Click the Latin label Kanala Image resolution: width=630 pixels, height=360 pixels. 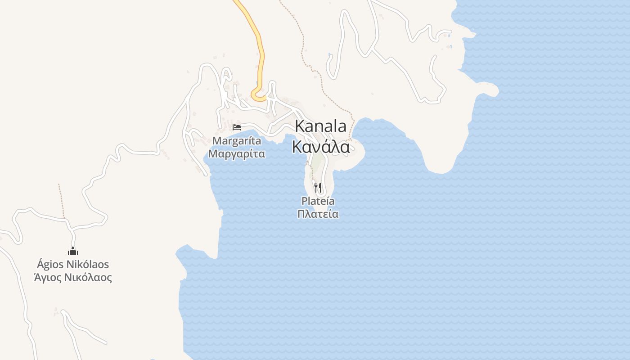click(320, 126)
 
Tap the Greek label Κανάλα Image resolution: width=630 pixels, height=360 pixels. click(320, 147)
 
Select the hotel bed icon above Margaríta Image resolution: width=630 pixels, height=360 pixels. click(237, 127)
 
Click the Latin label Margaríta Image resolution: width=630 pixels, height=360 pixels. click(237, 141)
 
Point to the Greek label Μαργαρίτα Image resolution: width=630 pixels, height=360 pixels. click(237, 154)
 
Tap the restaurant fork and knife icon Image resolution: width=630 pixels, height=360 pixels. click(318, 187)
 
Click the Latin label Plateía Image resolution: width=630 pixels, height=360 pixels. click(318, 201)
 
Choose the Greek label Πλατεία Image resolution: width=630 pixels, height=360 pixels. click(318, 214)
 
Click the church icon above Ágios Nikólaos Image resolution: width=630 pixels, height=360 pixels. click(73, 251)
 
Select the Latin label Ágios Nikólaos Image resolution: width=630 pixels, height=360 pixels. click(73, 265)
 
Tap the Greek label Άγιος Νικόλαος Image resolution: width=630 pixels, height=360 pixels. click(73, 277)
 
